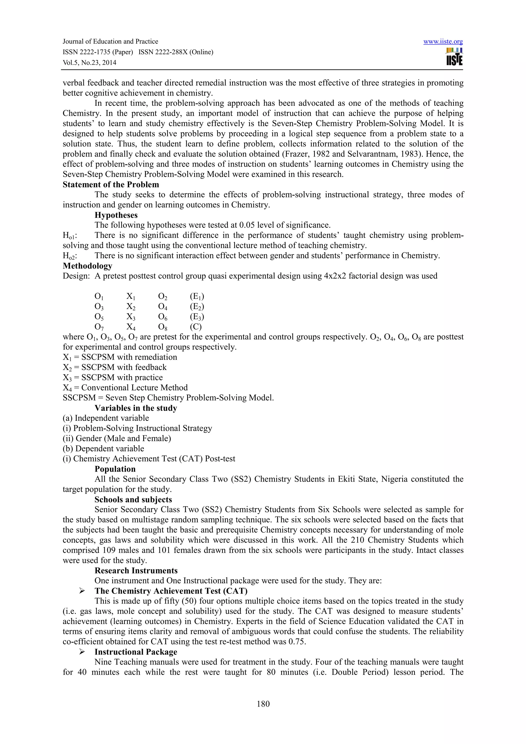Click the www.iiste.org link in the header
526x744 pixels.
pos(443,42)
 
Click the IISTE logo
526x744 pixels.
pos(454,57)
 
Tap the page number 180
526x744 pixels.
pos(263,703)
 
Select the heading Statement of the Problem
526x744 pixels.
pos(111,185)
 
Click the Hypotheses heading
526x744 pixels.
pos(116,215)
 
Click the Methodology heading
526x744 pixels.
pos(88,266)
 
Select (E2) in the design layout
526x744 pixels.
pos(197,307)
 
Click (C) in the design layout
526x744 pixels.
pos(196,327)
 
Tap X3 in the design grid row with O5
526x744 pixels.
pos(131,317)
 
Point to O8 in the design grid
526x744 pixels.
pos(163,327)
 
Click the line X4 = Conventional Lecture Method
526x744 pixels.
pos(125,388)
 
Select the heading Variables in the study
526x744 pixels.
pos(136,408)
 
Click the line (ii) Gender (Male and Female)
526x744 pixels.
pos(117,438)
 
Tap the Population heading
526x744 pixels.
pos(115,469)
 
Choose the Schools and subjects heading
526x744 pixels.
pos(133,499)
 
